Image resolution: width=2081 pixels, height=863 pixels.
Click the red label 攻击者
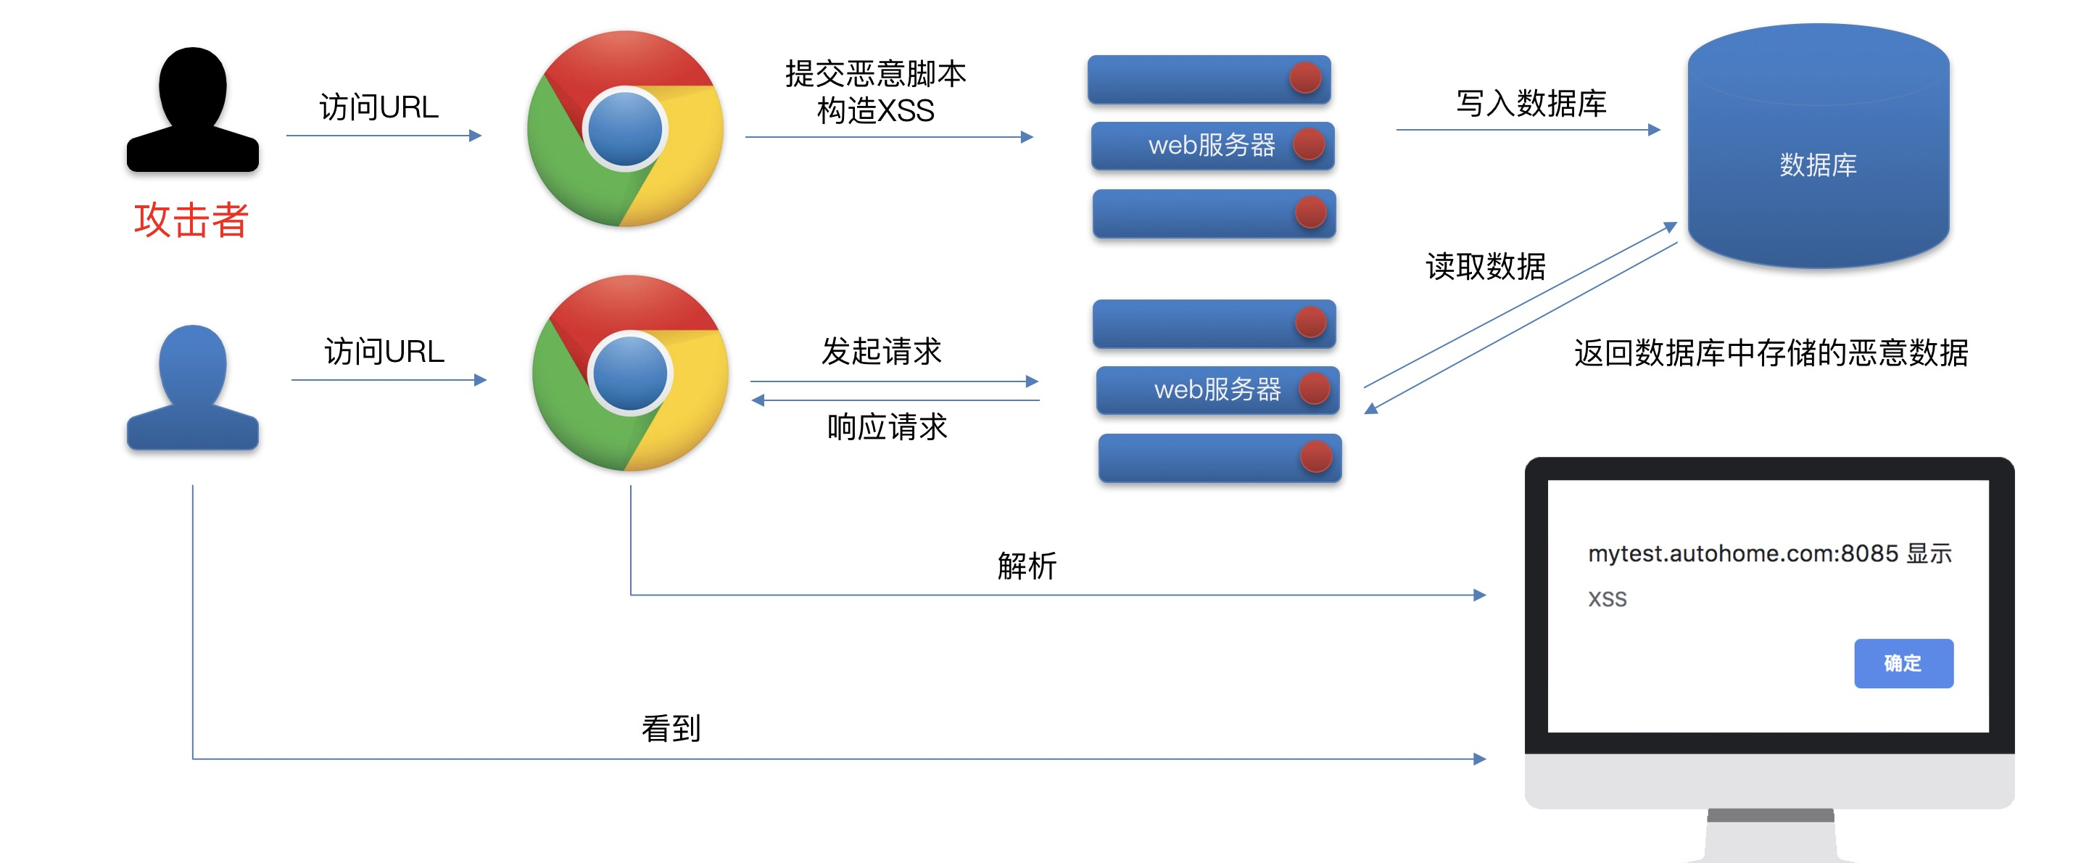191,220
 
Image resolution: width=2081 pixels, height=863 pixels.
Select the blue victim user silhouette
192,388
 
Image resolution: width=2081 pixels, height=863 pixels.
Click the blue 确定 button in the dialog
1903,664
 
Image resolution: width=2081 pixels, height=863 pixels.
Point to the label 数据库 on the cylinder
1818,165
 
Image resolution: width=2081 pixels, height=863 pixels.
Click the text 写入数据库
1530,104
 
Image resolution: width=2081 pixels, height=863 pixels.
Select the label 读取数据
1485,266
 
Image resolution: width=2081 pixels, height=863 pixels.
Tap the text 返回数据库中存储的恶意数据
1771,353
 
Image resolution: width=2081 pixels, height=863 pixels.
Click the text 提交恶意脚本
875,73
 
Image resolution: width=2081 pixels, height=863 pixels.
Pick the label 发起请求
882,352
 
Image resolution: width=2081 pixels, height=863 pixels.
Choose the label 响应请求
886,426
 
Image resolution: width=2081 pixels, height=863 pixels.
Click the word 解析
1026,566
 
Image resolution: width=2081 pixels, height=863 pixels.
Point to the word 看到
671,728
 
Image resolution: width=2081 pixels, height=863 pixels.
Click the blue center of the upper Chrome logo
624,129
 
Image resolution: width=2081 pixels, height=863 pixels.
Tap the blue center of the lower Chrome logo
629,373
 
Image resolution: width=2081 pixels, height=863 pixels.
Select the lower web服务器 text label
1217,389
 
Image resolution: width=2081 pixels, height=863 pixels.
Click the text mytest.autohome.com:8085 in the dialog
1743,553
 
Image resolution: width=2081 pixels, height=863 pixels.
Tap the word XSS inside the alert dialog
1607,599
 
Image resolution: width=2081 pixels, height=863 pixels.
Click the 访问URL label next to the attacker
379,107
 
